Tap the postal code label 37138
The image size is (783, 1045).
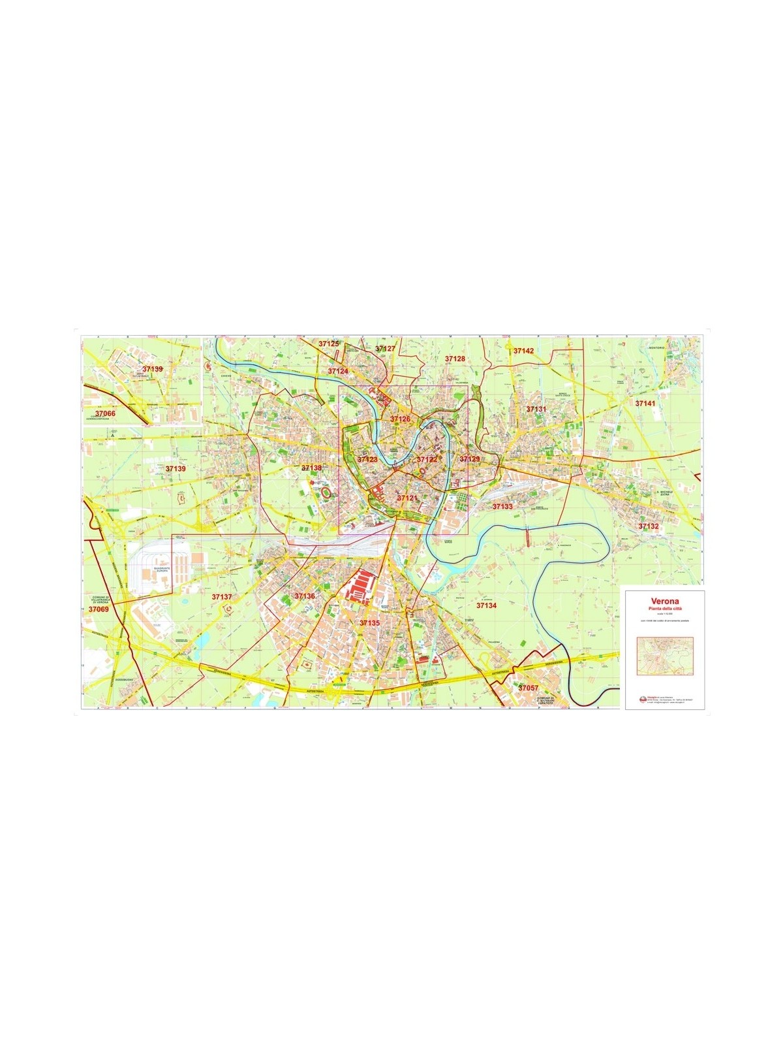pyautogui.click(x=311, y=468)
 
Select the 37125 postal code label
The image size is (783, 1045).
pyautogui.click(x=329, y=344)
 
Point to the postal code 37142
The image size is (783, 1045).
pyautogui.click(x=523, y=351)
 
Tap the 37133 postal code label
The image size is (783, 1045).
pyautogui.click(x=502, y=506)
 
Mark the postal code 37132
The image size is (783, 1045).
pyautogui.click(x=649, y=526)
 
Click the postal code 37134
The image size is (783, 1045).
pyautogui.click(x=486, y=605)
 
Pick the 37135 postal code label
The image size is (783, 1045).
pyautogui.click(x=369, y=623)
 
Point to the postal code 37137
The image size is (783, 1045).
pyautogui.click(x=222, y=597)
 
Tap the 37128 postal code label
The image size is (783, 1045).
pyautogui.click(x=455, y=359)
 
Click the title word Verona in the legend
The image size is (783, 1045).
pyautogui.click(x=664, y=601)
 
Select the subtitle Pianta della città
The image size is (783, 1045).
pyautogui.click(x=664, y=609)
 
